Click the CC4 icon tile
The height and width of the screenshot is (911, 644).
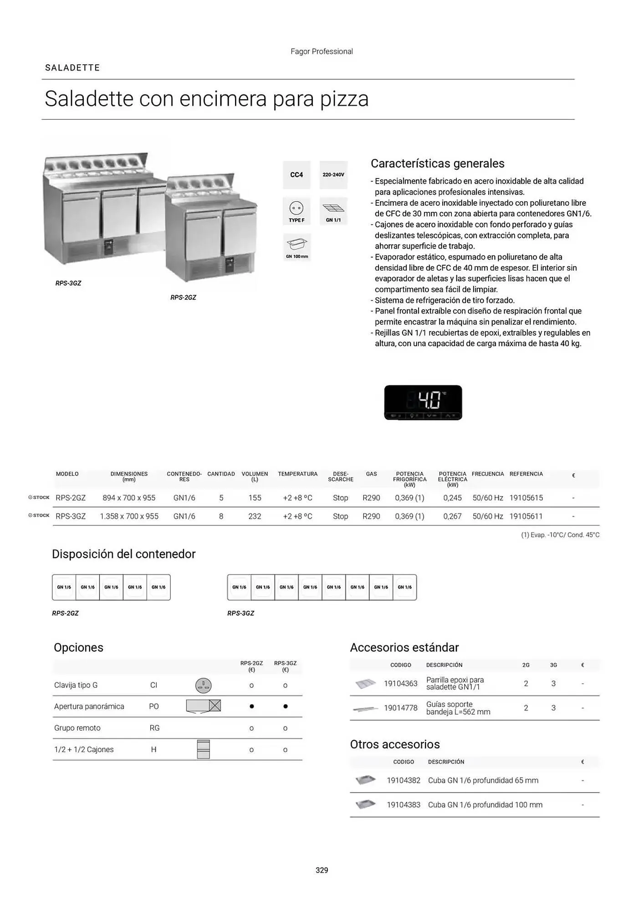(296, 175)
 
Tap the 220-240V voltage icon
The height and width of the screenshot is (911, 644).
(333, 175)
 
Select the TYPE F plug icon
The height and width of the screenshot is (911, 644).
(296, 211)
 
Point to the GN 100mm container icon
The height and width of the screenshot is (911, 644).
(297, 247)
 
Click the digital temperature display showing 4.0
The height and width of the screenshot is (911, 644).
(423, 403)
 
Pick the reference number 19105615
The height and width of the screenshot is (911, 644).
(526, 498)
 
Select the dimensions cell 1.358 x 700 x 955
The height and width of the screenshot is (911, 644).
(129, 516)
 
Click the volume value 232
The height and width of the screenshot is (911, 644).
(255, 516)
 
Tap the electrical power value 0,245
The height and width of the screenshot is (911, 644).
(452, 498)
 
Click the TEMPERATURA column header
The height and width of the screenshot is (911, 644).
(298, 474)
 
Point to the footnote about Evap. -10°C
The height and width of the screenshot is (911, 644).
(560, 535)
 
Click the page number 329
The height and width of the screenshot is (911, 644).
(322, 870)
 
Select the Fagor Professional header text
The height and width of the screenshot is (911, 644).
(322, 51)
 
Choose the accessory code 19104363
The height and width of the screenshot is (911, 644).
(401, 683)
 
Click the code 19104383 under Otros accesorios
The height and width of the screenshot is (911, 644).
(404, 805)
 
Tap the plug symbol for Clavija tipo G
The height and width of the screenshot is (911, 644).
(203, 685)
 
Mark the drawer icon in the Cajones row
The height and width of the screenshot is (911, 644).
(203, 749)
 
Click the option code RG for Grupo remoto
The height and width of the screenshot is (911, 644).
(154, 728)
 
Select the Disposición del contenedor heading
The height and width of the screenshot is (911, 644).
(124, 554)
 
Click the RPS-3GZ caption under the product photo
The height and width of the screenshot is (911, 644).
(68, 283)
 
